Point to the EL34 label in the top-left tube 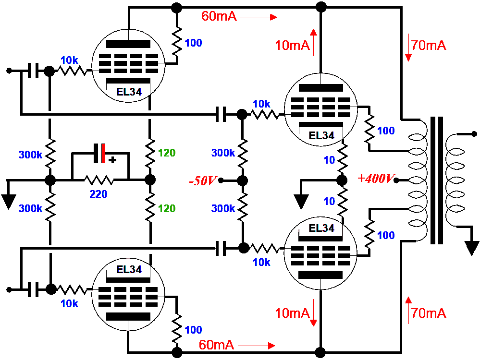[x=129, y=91]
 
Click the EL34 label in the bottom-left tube [x=129, y=269]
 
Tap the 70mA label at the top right [x=429, y=46]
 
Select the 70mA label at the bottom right [x=429, y=313]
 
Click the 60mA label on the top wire [x=219, y=16]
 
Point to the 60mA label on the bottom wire [x=216, y=344]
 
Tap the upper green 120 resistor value [x=167, y=154]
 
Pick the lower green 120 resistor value [x=167, y=209]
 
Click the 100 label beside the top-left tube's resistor [x=193, y=43]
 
